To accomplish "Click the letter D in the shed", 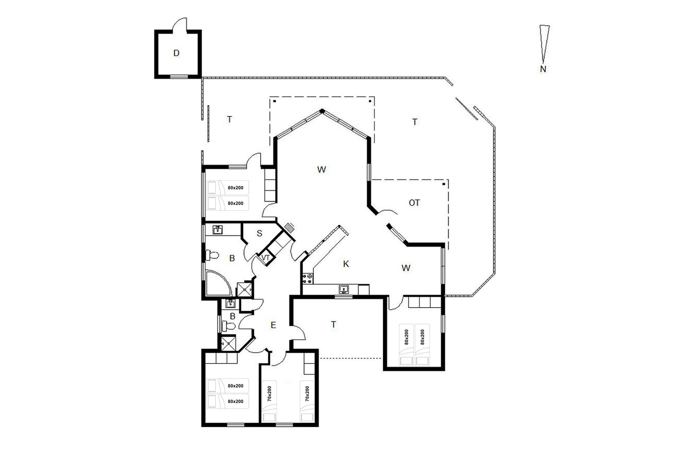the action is tap(176, 53).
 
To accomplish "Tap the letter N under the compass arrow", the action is tap(543, 69).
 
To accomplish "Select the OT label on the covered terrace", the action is tap(414, 203).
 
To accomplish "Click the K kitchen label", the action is tap(346, 264).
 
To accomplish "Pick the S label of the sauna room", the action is tap(259, 233).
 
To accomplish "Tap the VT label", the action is tap(266, 258).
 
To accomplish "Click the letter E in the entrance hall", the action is tap(273, 325).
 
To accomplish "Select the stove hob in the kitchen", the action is tap(308, 279).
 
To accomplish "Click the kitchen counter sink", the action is tap(343, 290).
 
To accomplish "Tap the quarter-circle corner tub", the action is tap(218, 283).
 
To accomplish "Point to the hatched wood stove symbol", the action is tap(289, 227).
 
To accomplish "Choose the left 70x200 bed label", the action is tap(270, 394).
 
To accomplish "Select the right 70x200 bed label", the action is tap(307, 394).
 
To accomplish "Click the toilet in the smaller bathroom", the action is tap(228, 326).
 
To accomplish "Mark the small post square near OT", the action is tap(444, 184).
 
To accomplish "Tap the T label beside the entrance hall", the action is tap(333, 325).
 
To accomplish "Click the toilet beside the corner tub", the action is tap(212, 255).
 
